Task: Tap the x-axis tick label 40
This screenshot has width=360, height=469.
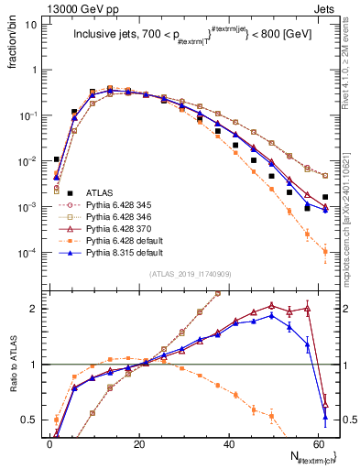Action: coord(228,443)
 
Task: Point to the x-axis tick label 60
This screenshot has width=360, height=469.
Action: coord(317,443)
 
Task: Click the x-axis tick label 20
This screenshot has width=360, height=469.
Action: coord(138,443)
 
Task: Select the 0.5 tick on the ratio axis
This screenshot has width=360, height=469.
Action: coord(27,420)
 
